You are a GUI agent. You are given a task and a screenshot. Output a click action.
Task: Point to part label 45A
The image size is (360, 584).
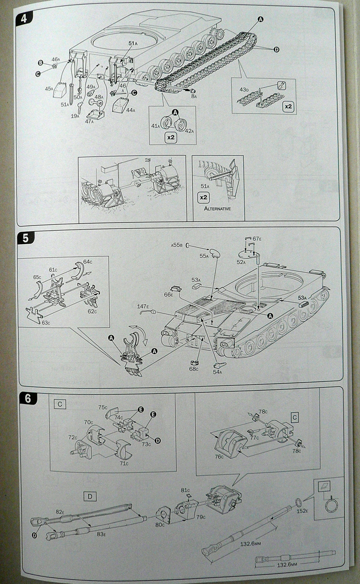point(49,89)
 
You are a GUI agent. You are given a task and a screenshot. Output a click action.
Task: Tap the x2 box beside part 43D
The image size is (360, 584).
point(288,107)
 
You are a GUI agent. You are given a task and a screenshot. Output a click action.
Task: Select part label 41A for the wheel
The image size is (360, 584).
point(156,126)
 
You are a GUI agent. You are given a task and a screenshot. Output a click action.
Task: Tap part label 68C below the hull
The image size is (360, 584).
point(194,369)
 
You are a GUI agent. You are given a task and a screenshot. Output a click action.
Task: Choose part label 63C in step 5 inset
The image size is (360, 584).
point(36,320)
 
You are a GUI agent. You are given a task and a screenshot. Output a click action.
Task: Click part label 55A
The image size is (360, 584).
point(203,256)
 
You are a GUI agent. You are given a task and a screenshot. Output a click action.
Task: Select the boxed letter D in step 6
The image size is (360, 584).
point(91,496)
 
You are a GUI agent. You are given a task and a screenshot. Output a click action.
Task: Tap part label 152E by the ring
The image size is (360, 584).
point(302,512)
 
